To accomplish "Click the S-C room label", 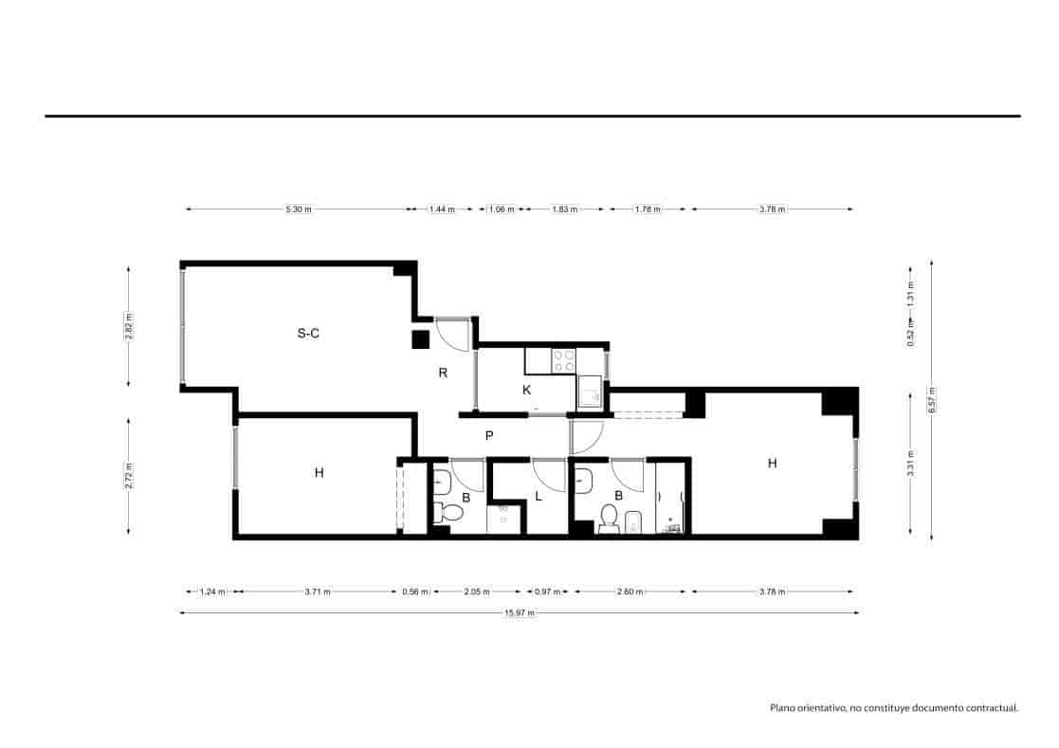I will click(x=307, y=334).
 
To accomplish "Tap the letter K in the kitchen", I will click(x=527, y=390).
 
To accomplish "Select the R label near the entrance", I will click(x=443, y=373).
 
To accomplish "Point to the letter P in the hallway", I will click(x=489, y=436).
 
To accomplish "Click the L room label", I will click(x=538, y=496).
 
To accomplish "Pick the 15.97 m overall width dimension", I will click(x=520, y=612).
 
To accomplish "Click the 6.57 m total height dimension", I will click(x=932, y=399).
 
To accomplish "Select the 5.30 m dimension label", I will click(x=299, y=210).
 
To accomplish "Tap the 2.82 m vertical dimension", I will click(x=129, y=326).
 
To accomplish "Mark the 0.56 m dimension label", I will click(x=413, y=592).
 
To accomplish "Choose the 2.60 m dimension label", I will click(x=630, y=592).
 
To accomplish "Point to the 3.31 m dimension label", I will click(x=910, y=465).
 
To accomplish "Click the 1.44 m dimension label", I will click(x=441, y=210).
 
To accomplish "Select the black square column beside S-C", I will click(x=421, y=339).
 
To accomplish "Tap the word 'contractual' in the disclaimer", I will click(x=992, y=707).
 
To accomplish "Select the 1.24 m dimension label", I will click(x=212, y=592).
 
